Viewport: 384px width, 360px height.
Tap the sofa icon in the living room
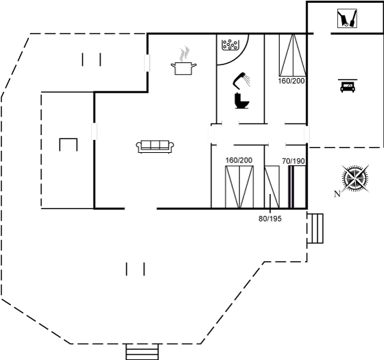tap(155, 147)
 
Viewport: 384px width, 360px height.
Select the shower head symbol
tap(241, 80)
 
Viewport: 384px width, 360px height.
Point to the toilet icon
tap(241, 100)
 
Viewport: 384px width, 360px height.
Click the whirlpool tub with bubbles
tap(230, 45)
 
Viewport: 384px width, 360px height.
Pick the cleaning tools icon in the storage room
tap(347, 19)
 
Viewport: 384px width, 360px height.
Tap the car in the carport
tap(348, 86)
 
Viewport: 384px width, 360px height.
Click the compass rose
tap(356, 178)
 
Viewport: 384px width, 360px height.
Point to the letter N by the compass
tap(337, 194)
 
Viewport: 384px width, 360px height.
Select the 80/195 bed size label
tap(270, 219)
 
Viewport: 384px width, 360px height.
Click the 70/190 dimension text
tap(293, 161)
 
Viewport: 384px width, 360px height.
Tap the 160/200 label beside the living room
tap(239, 160)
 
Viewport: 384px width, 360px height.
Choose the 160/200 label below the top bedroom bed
tap(291, 81)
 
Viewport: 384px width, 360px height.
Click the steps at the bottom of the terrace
tap(143, 352)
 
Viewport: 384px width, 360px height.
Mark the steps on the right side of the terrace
tap(315, 228)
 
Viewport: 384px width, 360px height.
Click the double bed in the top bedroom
tap(293, 55)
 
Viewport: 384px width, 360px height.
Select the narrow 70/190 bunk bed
tap(298, 187)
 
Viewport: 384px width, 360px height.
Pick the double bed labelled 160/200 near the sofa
tap(239, 187)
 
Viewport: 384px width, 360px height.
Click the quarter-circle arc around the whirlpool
tap(241, 58)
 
